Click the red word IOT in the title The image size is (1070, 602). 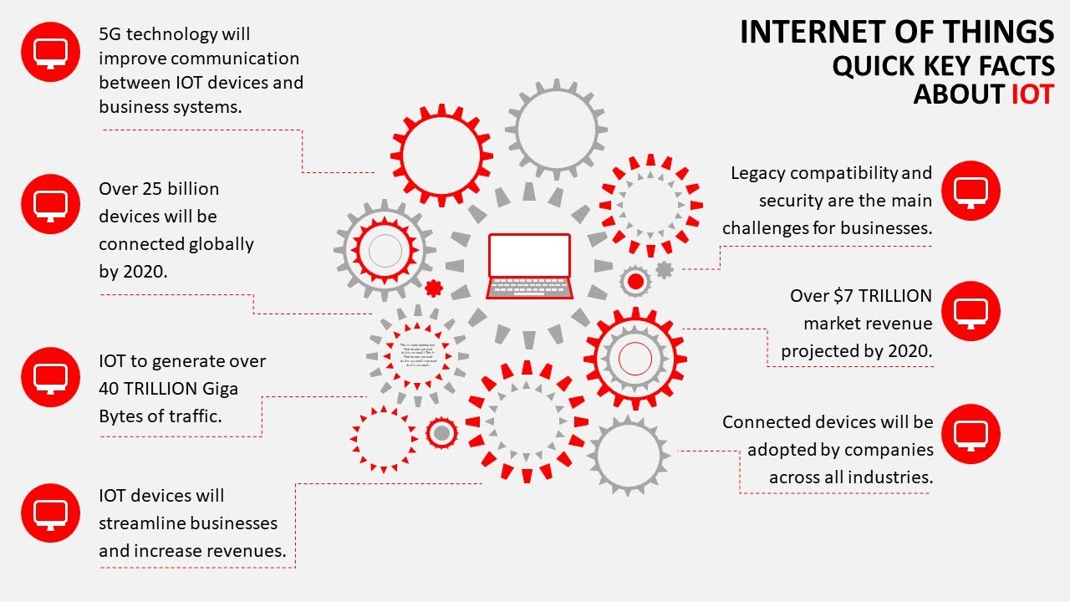(x=1032, y=94)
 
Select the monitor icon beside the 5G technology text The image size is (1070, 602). (x=50, y=52)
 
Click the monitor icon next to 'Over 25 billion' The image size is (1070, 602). (x=50, y=204)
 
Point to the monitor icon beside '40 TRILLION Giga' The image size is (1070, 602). (x=50, y=376)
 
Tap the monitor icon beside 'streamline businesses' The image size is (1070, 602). (x=50, y=513)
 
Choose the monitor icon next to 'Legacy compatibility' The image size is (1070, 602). (x=971, y=191)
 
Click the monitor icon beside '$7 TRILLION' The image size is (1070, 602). (x=971, y=311)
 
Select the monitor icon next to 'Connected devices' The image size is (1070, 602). (x=971, y=434)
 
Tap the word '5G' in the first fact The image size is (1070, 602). (x=110, y=34)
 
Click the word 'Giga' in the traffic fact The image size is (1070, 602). (x=218, y=389)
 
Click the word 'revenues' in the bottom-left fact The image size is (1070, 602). (x=250, y=551)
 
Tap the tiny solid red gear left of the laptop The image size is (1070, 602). (x=433, y=288)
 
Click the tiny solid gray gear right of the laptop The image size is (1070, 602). (x=664, y=270)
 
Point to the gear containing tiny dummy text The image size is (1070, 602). (x=415, y=355)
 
